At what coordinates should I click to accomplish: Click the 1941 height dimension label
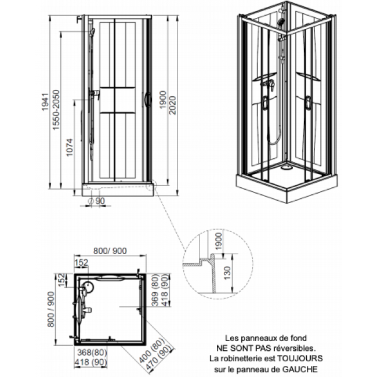pos(45,102)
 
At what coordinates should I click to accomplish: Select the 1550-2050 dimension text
pos(56,110)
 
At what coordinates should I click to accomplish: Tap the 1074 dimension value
pos(70,147)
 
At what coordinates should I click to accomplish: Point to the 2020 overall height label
pos(173,106)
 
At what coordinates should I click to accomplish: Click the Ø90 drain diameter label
pos(97,201)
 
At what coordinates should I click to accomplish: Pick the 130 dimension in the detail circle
pos(227,273)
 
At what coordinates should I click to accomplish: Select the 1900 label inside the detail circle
pos(219,241)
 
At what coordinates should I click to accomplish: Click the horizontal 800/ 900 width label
pos(110,251)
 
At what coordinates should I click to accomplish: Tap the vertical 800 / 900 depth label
pos(51,310)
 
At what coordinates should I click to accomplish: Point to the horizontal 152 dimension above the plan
pos(82,263)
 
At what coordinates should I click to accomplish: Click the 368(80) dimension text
pos(92,353)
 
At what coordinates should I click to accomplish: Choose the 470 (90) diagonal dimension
pos(159,358)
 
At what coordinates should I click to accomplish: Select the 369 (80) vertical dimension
pos(155,290)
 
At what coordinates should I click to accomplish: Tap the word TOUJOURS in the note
pos(300,358)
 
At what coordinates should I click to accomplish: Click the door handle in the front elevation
pos(148,99)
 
